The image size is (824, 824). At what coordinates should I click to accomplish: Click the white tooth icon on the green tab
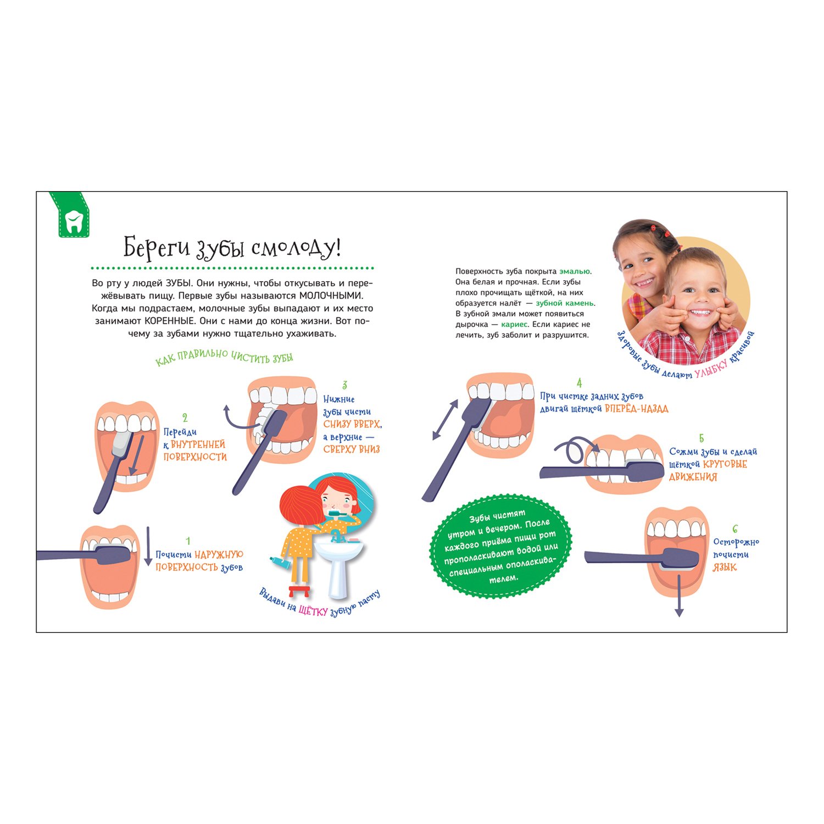73,221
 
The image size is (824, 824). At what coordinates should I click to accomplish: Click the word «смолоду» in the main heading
293,248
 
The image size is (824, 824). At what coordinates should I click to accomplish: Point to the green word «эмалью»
575,271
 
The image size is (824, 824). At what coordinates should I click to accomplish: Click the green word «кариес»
515,325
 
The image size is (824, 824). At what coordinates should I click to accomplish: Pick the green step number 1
188,541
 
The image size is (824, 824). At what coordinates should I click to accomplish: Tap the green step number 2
185,418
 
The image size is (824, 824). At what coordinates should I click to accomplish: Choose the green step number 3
344,385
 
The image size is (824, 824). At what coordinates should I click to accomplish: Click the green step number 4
579,383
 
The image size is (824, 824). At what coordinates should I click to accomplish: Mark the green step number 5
701,438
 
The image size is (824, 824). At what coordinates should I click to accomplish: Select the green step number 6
735,530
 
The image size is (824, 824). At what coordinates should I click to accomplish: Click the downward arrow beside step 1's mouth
148,546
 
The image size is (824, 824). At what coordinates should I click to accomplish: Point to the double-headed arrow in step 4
445,420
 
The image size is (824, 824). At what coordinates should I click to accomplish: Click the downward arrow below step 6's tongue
679,595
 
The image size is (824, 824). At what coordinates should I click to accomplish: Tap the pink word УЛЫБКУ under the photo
711,369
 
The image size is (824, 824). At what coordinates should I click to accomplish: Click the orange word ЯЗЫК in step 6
725,567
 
